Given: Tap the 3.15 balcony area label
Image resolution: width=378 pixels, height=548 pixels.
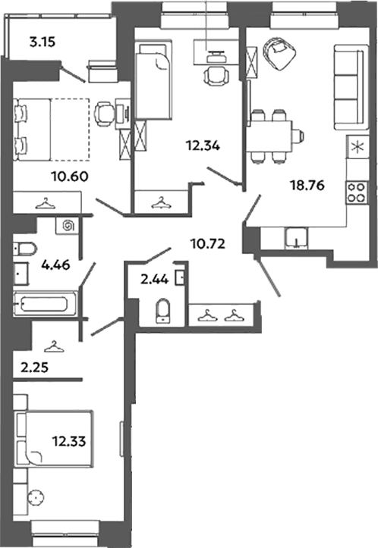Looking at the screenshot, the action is [x=43, y=42].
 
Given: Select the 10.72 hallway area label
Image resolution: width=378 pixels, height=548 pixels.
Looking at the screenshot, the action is [x=208, y=243].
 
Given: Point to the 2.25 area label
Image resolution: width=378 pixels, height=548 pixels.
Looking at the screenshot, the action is [x=34, y=368].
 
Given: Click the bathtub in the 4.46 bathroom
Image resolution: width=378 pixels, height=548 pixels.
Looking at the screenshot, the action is [x=44, y=304].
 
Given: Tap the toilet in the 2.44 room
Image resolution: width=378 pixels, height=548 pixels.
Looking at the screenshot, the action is [x=163, y=310].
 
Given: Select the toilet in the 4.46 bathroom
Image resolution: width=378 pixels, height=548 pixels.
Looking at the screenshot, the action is [x=25, y=249].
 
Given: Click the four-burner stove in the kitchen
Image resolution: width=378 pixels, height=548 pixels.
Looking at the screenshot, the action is [x=357, y=193].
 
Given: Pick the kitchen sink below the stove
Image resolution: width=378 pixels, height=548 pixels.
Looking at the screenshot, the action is [x=296, y=238].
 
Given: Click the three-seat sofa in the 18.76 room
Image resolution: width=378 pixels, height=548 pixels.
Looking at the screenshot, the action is [x=351, y=86].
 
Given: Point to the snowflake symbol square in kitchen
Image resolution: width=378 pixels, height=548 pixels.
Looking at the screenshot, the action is [x=357, y=147].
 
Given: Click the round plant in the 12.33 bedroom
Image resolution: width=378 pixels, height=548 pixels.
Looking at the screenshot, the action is [x=36, y=497].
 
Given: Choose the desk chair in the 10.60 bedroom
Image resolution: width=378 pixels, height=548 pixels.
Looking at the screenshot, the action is [x=104, y=113].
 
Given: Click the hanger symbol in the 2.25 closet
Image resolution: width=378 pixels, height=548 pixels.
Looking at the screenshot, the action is [x=54, y=346].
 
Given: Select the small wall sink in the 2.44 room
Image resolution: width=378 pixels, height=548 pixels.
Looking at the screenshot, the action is [x=179, y=278].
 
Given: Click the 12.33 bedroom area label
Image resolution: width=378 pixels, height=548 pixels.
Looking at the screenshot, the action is [x=69, y=441].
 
